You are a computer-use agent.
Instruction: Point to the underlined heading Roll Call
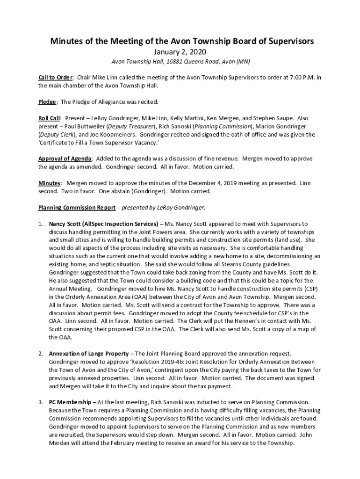tap(50, 118)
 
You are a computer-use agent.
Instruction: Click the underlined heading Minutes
tap(49, 183)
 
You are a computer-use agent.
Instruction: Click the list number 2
tap(41, 354)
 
